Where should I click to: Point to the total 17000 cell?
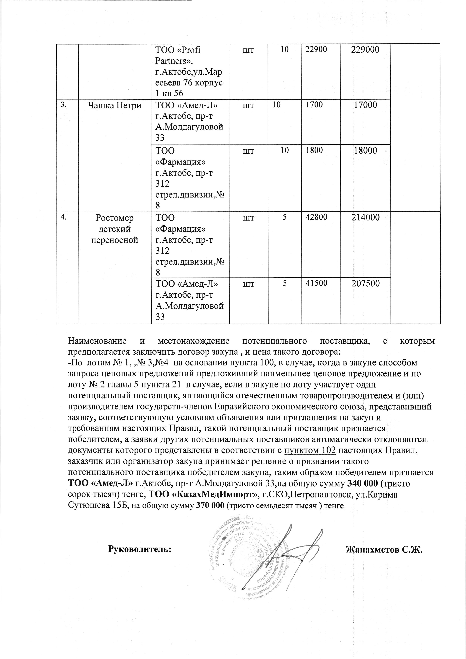pyautogui.click(x=365, y=105)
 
